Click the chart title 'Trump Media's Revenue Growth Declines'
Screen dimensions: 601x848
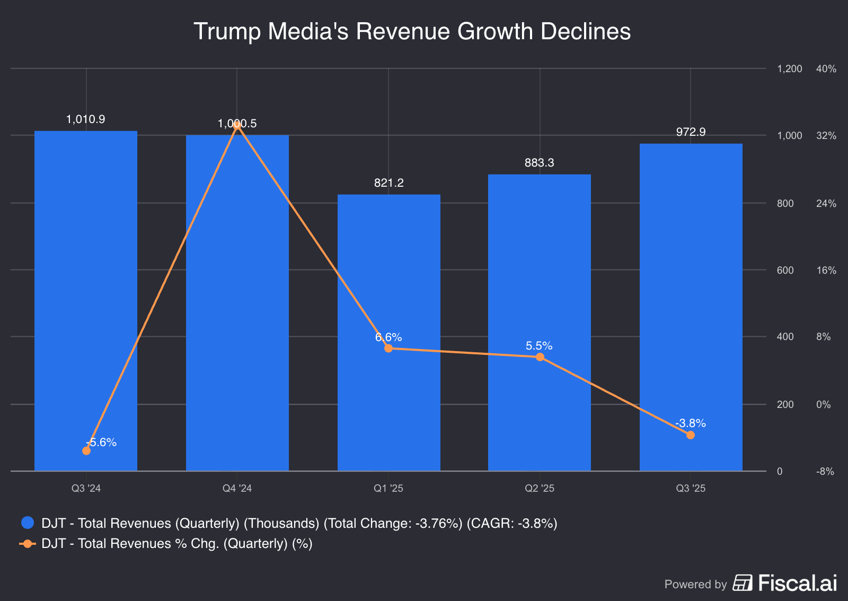tap(412, 31)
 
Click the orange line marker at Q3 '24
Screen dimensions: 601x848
tap(86, 450)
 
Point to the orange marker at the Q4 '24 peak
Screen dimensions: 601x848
tap(237, 125)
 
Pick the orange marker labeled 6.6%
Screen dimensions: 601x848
tap(388, 348)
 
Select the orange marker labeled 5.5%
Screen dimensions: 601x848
tap(540, 357)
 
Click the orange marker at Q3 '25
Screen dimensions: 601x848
tap(690, 435)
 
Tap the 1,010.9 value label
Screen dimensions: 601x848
tap(85, 119)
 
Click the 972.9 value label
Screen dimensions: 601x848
tap(691, 132)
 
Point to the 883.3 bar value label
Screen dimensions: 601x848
tap(539, 163)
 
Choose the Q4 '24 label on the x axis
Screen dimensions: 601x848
tap(237, 488)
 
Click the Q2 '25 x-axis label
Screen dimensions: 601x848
tap(539, 488)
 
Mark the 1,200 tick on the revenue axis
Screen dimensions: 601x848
tap(789, 69)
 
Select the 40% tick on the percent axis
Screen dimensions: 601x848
tap(826, 69)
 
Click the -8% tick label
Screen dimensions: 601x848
tap(825, 472)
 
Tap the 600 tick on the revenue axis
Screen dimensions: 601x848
tap(785, 271)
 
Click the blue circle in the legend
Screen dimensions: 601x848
tap(28, 523)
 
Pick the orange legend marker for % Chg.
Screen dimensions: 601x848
tap(28, 544)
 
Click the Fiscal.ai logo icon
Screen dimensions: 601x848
tap(743, 583)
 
